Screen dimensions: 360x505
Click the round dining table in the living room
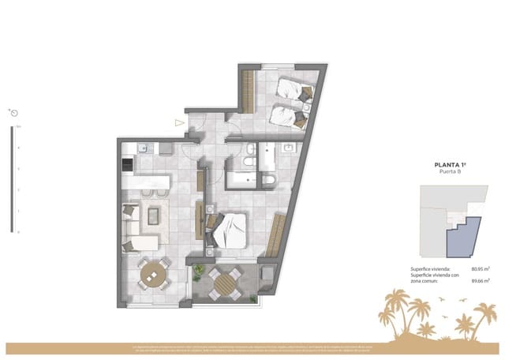coord(154,276)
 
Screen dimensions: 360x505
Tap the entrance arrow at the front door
coord(179,122)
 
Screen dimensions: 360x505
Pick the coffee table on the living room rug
coord(154,215)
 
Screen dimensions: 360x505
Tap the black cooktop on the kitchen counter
coord(126,166)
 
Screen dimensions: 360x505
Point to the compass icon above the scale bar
coord(13,113)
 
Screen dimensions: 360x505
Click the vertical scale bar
coord(12,178)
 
